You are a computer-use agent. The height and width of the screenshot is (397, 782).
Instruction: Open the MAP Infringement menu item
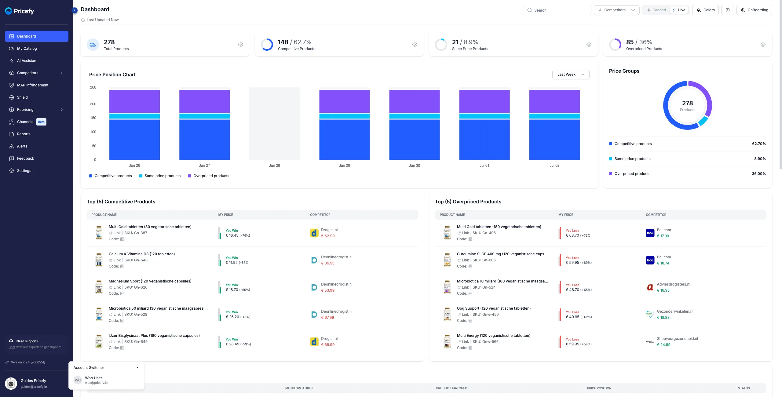tap(33, 85)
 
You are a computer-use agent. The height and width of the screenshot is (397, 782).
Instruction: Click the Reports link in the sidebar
tap(24, 134)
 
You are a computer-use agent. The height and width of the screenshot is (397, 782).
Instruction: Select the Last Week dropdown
tap(571, 75)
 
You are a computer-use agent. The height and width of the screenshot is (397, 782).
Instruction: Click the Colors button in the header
tap(705, 10)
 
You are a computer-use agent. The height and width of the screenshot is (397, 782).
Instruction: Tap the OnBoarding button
tap(754, 10)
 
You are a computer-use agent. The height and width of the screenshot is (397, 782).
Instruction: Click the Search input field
tap(557, 10)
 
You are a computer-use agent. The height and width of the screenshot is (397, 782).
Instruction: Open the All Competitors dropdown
tap(616, 10)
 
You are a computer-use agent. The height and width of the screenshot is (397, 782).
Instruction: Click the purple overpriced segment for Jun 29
tap(345, 101)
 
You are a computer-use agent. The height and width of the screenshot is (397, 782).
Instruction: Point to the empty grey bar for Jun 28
tap(274, 124)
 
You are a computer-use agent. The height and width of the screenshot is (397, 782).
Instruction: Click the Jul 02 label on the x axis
tap(554, 166)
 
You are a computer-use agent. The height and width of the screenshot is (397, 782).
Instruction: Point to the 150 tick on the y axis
tap(93, 118)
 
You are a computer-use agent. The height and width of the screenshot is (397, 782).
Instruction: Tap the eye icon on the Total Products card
tap(241, 45)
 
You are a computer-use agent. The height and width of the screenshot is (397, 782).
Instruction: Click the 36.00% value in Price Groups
tap(759, 174)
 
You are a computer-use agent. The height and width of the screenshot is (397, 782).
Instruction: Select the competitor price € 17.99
tap(663, 236)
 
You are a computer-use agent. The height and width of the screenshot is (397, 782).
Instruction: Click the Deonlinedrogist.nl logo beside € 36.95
tap(314, 260)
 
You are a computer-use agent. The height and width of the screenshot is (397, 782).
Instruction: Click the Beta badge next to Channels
tap(41, 122)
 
